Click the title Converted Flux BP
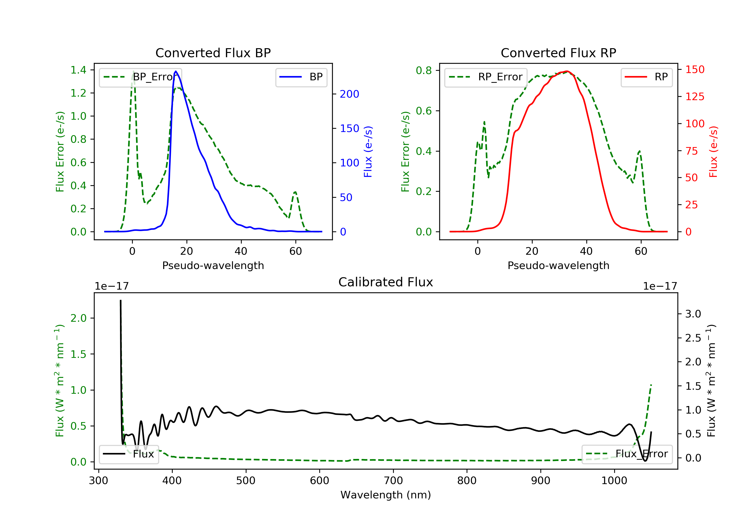click(213, 53)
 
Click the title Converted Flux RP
click(558, 53)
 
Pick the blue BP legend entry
click(301, 77)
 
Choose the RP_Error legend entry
click(486, 77)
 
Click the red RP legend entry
click(646, 77)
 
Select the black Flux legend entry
click(129, 454)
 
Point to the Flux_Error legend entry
click(627, 454)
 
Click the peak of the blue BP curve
click(176, 71)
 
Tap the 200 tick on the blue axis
click(349, 94)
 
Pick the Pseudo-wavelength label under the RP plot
click(558, 265)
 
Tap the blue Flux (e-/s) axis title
click(368, 152)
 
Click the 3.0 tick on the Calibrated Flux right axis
click(693, 314)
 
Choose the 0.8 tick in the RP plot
click(424, 71)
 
